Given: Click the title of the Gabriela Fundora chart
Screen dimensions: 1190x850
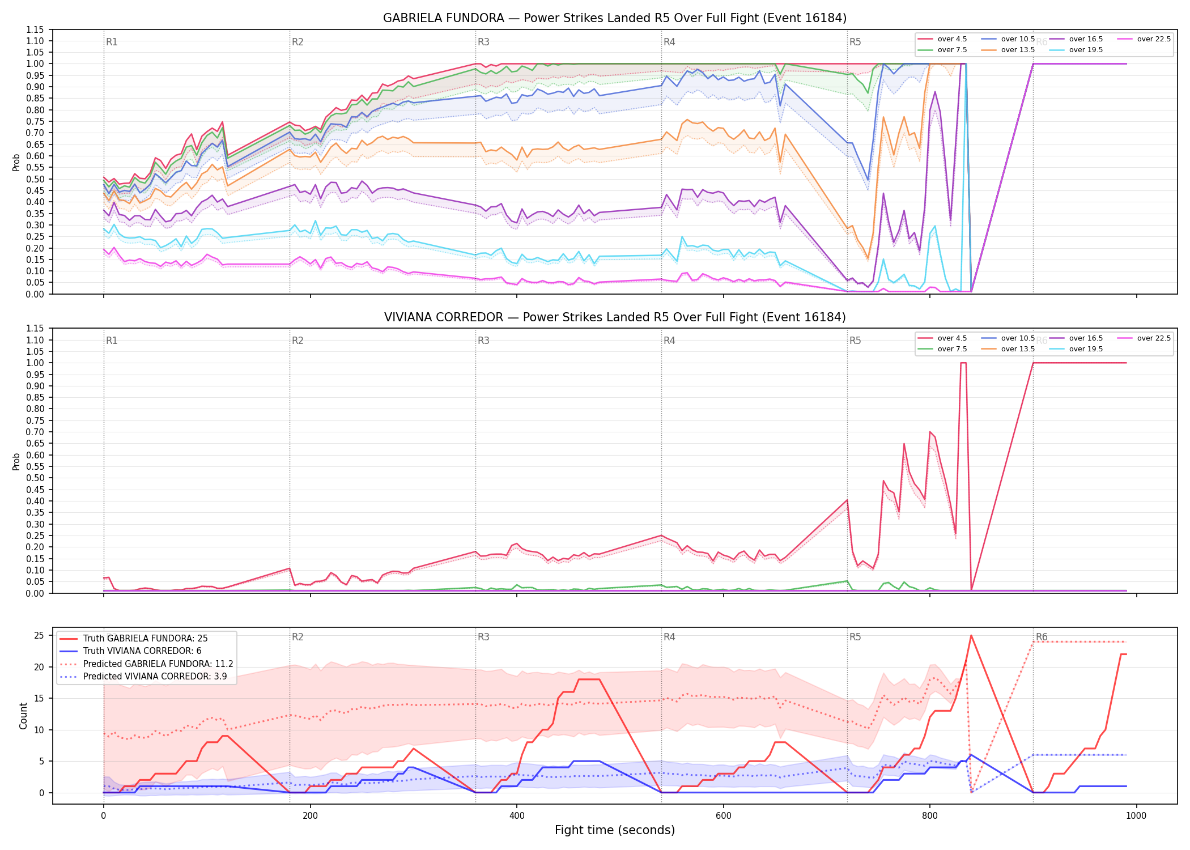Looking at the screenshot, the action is coord(615,18).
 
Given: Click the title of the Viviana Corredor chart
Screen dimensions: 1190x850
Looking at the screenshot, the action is coord(615,317).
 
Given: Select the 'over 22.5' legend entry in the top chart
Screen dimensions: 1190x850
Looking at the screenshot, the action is coord(1144,39).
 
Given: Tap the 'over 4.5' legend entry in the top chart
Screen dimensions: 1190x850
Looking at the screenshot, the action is coord(942,39).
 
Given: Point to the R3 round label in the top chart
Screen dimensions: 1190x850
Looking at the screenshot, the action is coord(483,42).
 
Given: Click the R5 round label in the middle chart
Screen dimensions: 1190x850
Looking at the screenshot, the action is coord(855,341).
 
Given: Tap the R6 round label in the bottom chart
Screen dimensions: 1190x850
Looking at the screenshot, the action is coord(1042,637).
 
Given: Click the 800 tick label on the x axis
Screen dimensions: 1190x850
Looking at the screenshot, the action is coord(930,816).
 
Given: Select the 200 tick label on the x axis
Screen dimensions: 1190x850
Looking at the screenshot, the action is coord(310,816).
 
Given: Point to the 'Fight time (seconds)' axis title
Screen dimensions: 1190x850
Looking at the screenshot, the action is coord(615,830).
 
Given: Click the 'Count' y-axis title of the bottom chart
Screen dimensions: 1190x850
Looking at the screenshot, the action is coord(23,716).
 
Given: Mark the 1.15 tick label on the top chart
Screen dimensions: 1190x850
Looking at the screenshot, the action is coord(35,29).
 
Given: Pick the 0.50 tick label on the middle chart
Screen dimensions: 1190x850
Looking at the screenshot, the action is coord(35,478).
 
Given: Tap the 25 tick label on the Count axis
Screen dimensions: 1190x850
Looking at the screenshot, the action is coord(39,635).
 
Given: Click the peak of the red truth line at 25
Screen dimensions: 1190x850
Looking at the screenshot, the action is coord(971,635).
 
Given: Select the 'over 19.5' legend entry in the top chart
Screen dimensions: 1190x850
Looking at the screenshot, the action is coord(1076,50).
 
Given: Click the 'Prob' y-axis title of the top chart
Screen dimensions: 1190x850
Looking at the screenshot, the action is coord(16,162).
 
